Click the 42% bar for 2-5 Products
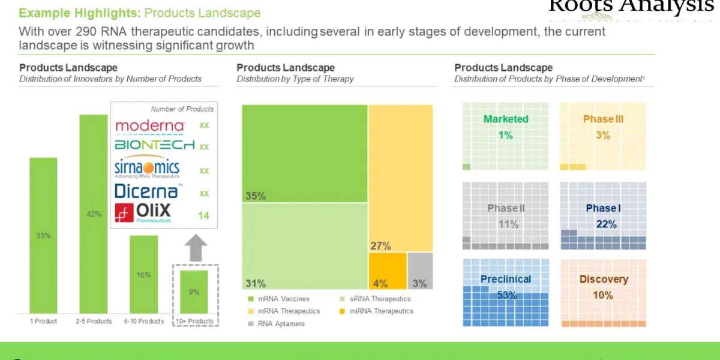click(x=94, y=214)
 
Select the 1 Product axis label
click(x=43, y=322)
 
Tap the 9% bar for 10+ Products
click(x=194, y=292)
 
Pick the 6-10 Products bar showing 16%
click(x=144, y=274)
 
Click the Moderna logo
click(x=149, y=125)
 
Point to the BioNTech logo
click(x=155, y=145)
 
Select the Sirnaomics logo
click(x=146, y=169)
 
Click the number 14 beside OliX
click(x=204, y=215)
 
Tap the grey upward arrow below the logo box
click(x=195, y=247)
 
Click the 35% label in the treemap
click(x=255, y=196)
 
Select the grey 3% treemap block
click(x=420, y=271)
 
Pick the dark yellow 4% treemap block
click(x=388, y=271)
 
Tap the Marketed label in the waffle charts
click(x=506, y=119)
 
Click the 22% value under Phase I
click(x=603, y=224)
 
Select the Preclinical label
click(x=506, y=279)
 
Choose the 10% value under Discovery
click(x=603, y=295)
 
